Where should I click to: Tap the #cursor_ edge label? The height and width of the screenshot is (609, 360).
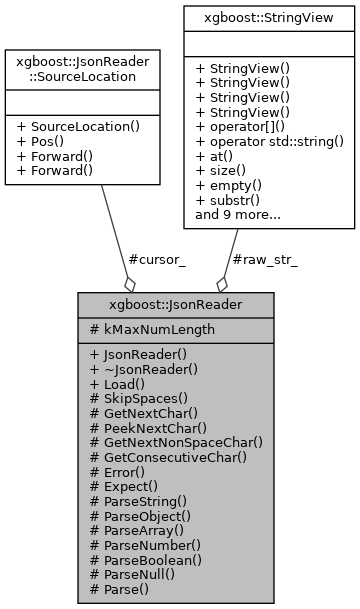(x=157, y=259)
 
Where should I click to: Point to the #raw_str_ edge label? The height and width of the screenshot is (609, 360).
(x=263, y=259)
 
